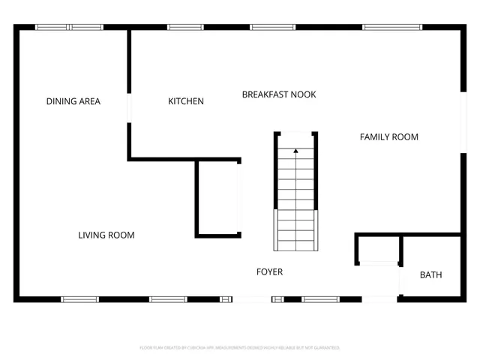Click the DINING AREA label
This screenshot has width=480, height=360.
click(x=73, y=101)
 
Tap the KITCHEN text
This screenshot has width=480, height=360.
click(x=185, y=101)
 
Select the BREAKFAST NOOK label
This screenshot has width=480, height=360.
click(x=278, y=94)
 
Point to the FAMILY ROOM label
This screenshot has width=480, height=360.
click(x=388, y=136)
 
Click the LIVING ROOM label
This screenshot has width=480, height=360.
click(x=106, y=235)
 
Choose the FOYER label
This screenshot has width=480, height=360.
click(x=269, y=271)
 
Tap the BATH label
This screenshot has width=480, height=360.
click(x=430, y=275)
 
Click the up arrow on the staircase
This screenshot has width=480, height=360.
click(x=295, y=151)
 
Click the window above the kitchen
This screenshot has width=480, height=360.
click(x=185, y=28)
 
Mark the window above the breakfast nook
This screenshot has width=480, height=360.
click(x=272, y=28)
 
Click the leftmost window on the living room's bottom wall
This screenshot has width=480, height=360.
click(x=79, y=299)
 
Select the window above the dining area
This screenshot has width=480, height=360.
click(x=70, y=28)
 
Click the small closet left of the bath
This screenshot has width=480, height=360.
click(x=378, y=249)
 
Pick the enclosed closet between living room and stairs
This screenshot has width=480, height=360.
click(x=217, y=199)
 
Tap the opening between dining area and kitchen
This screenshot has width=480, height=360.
click(x=130, y=106)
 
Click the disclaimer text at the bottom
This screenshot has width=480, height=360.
click(x=240, y=348)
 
